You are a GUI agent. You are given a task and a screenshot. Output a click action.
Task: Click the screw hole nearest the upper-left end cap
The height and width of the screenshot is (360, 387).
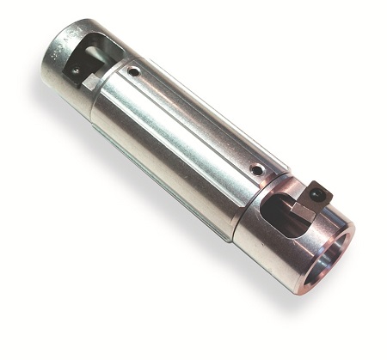point(134,72)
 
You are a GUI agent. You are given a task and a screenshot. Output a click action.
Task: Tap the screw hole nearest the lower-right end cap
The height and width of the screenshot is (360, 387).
point(257,170)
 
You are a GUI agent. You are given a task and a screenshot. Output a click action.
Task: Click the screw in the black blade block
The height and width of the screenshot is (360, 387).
point(319,194)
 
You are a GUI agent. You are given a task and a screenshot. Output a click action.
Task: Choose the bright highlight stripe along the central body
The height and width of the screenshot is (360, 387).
point(172,137)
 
